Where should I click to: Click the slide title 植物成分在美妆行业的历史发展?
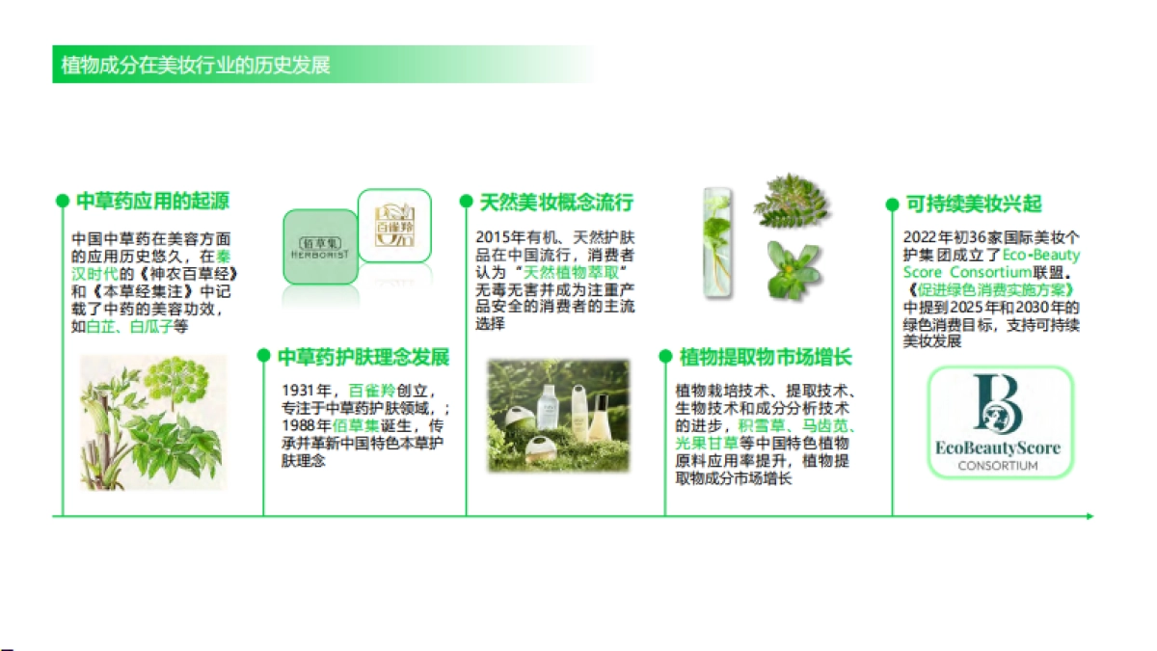tap(196, 66)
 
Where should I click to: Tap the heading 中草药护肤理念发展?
tap(363, 357)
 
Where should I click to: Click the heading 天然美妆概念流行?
tap(556, 202)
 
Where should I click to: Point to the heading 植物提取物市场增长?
tap(766, 357)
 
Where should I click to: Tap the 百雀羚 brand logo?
tap(393, 225)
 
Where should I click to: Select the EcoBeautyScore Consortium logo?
tap(999, 421)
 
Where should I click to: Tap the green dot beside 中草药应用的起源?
tap(63, 202)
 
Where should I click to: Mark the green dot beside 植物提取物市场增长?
tap(665, 357)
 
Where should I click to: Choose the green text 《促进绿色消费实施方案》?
tap(989, 290)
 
